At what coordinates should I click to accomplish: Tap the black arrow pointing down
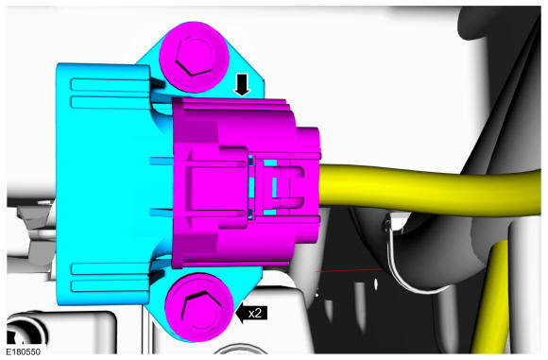coord(243,85)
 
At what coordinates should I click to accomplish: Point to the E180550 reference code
coord(26,351)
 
